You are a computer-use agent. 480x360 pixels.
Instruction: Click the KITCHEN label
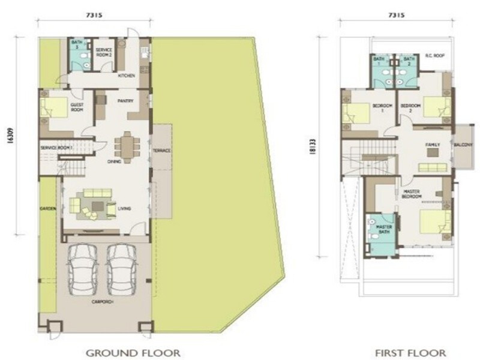coord(126,76)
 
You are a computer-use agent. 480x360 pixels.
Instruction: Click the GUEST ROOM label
coord(77,107)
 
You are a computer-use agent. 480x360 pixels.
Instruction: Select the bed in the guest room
coord(55,108)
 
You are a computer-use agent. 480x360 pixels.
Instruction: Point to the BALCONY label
coord(463,145)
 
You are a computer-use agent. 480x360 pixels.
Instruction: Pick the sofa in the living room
coord(98,194)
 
